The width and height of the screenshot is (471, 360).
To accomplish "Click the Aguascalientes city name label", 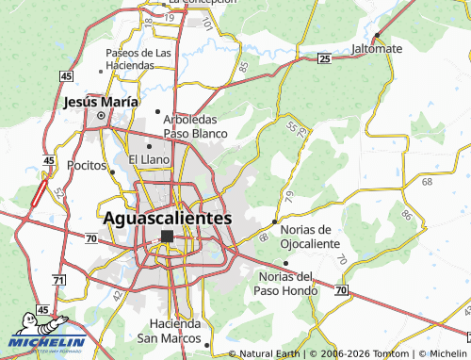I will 166,217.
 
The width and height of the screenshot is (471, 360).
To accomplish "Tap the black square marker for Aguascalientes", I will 167,237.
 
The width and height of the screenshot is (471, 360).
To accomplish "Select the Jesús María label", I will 101,101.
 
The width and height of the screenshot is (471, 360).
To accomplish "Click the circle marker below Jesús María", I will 101,116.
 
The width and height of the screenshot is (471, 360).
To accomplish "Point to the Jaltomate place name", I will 376,48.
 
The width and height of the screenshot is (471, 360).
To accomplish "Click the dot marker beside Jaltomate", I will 376,36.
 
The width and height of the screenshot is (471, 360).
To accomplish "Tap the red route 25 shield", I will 323,58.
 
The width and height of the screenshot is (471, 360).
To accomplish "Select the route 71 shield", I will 58,281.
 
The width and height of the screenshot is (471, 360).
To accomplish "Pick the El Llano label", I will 149,159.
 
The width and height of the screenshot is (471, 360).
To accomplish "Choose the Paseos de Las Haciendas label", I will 139,58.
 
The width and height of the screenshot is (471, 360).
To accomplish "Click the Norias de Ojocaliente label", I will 307,237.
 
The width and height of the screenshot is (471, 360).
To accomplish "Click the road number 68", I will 427,180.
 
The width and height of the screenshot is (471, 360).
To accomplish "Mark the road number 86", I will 406,215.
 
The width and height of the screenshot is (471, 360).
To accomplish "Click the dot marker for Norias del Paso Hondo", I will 284,263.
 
